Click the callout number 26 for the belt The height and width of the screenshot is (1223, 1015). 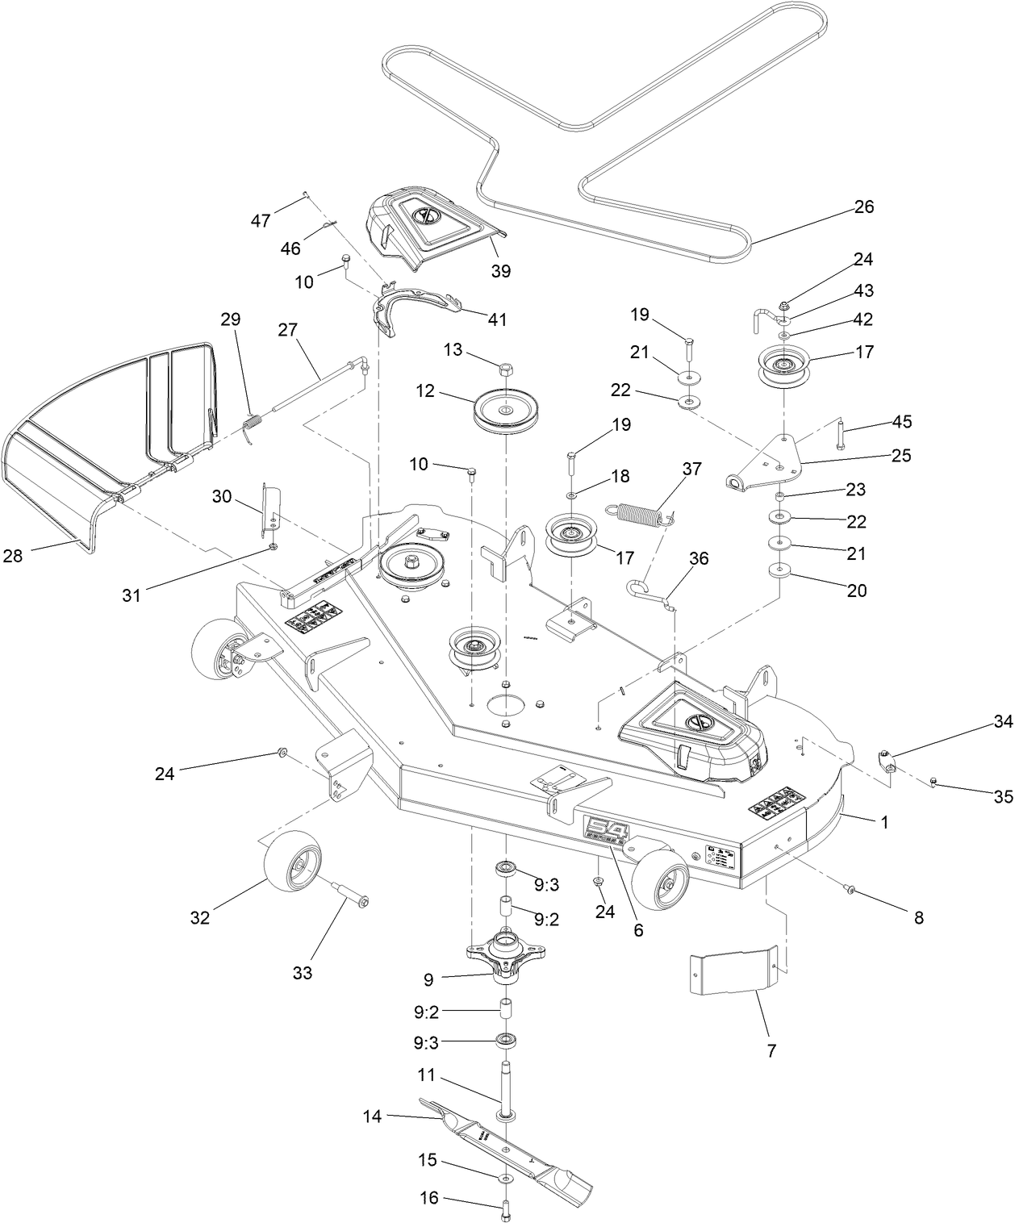click(x=863, y=207)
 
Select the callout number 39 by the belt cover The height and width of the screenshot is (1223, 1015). click(x=501, y=271)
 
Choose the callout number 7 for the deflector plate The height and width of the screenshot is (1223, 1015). click(x=771, y=1050)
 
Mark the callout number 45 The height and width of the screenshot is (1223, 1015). click(x=902, y=423)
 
